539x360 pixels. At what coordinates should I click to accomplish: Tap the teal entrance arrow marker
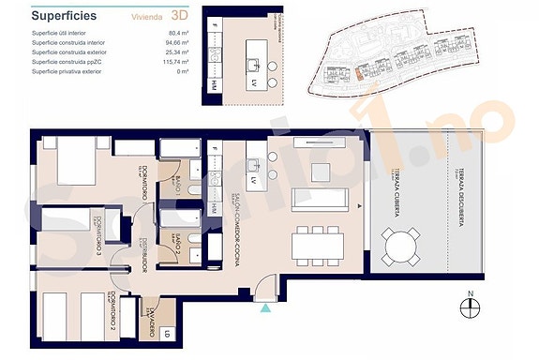point(267,306)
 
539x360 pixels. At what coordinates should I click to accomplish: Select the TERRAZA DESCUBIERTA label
point(458,201)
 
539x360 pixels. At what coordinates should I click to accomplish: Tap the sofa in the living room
point(322,199)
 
